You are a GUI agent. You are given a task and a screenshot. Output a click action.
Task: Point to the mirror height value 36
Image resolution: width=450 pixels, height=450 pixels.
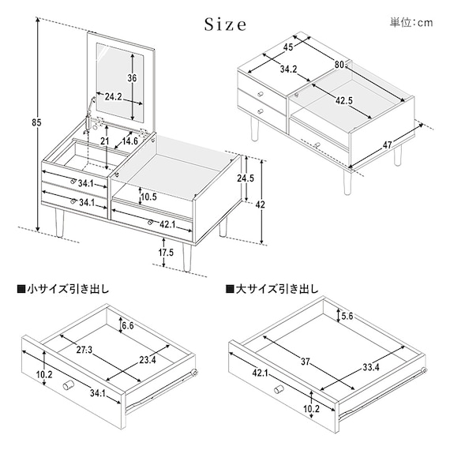tap(132, 78)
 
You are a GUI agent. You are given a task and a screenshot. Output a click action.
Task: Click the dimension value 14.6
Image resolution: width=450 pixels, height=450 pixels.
tap(129, 141)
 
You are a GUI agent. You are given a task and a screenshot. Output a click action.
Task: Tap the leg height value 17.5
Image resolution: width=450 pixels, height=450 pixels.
tap(165, 253)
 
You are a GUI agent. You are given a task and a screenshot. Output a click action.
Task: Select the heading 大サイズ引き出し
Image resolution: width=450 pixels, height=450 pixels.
tap(272, 289)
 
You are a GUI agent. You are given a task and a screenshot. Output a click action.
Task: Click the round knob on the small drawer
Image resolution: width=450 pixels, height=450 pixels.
tap(67, 385)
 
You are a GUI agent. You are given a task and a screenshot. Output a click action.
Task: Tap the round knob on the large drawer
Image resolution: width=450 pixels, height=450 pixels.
tap(280, 390)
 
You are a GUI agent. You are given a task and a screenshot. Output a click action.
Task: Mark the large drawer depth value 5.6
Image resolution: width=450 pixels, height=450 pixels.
tap(348, 316)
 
